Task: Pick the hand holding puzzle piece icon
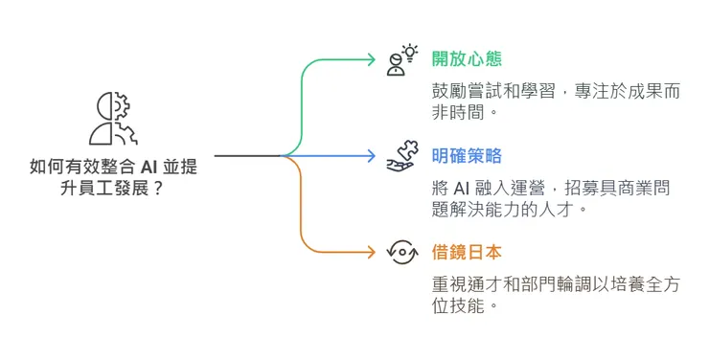tap(401, 155)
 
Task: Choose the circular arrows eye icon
tap(401, 252)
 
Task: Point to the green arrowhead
tap(372, 58)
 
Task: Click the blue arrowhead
tap(372, 155)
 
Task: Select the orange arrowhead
tap(372, 252)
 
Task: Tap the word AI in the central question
tap(140, 167)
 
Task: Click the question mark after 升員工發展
tap(156, 189)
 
